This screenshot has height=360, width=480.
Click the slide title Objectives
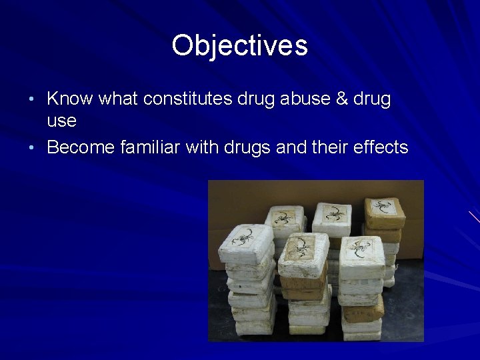239,46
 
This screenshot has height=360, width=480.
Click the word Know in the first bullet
70,99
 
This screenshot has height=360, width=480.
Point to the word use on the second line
61,121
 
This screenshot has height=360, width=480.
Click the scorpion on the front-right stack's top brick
361,248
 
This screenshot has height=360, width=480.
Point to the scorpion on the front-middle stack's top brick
303,246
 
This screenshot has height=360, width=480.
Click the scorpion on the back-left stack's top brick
285,217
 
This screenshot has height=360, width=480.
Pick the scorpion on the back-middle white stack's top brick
332,213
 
